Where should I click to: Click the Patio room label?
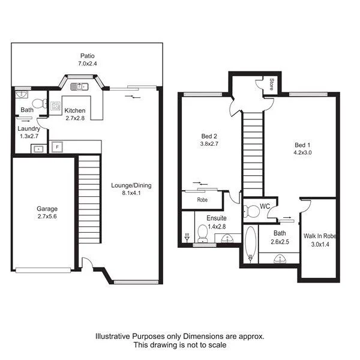88,55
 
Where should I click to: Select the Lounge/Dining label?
131,185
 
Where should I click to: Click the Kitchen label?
76,110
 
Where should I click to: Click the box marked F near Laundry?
58,146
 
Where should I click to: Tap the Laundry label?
29,128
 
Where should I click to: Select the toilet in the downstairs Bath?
40,104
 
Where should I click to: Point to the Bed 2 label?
208,135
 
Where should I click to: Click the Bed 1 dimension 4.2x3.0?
302,153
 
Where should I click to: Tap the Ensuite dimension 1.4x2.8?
216,226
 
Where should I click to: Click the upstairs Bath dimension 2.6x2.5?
280,242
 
